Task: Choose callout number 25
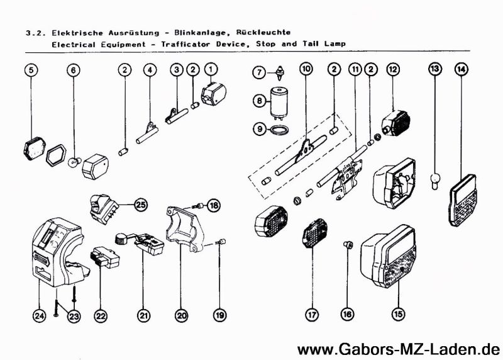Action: click(x=141, y=205)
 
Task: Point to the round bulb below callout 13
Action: click(x=434, y=181)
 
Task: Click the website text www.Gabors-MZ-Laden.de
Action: click(x=398, y=348)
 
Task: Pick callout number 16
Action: click(x=346, y=313)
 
